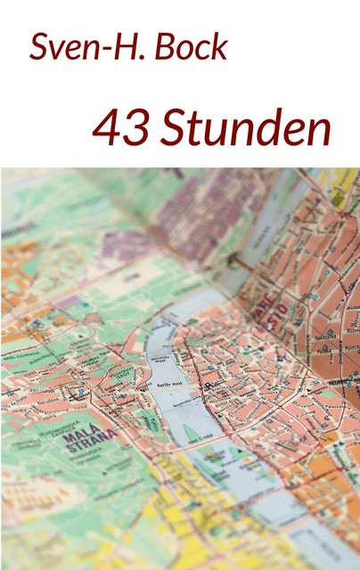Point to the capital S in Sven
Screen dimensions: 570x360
(x=39, y=48)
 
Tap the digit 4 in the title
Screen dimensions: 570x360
(x=107, y=130)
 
